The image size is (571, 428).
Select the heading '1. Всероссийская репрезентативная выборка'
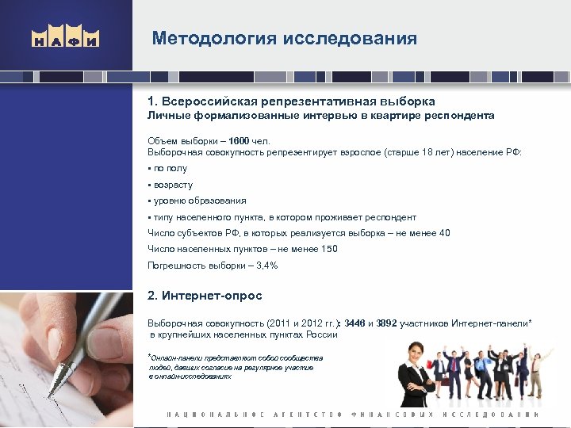pyautogui.click(x=291, y=102)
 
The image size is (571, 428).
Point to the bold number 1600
pyautogui.click(x=240, y=141)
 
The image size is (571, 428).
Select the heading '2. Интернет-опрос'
pyautogui.click(x=205, y=296)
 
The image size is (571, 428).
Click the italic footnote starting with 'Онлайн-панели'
pyautogui.click(x=236, y=367)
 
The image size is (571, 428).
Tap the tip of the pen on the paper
pyautogui.click(x=52, y=394)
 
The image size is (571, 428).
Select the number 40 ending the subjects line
pyautogui.click(x=444, y=233)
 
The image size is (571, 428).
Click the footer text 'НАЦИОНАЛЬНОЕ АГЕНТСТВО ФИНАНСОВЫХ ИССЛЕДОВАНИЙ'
pyautogui.click(x=352, y=415)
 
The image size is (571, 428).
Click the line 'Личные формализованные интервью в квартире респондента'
pyautogui.click(x=320, y=116)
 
